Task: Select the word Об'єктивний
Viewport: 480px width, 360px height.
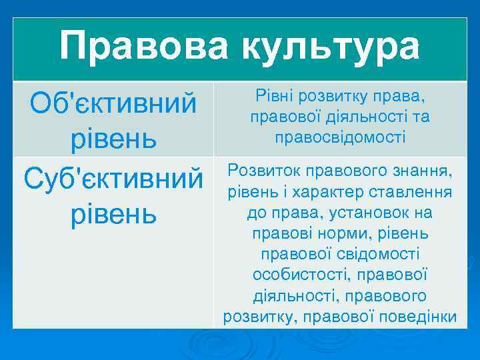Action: (113, 103)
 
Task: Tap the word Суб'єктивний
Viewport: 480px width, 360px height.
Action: (113, 178)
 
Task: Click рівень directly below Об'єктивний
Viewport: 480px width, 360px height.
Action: (113, 139)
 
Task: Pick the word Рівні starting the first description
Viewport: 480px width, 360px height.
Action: (272, 97)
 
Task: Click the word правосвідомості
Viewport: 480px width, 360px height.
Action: (340, 137)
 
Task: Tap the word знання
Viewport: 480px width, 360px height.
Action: (422, 171)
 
